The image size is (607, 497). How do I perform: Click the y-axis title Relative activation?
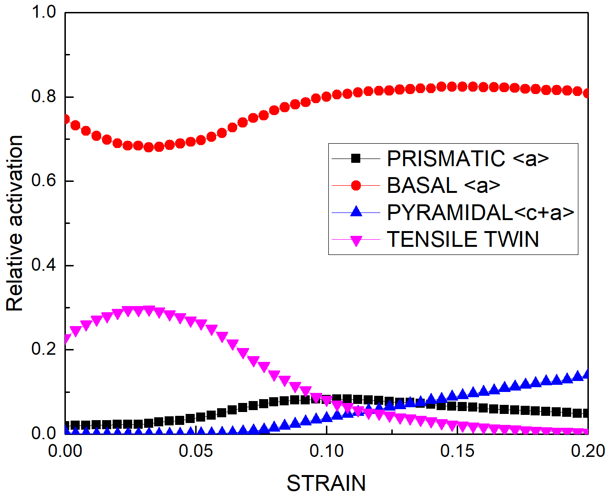(15, 223)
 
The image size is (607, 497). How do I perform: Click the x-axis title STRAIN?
(326, 483)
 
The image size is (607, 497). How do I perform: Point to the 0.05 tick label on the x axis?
(196, 451)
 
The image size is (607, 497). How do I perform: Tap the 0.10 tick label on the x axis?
(326, 451)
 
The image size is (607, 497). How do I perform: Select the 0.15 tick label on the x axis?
(457, 451)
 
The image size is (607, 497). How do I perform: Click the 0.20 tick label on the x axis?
(587, 451)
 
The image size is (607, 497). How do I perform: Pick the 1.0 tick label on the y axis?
(44, 12)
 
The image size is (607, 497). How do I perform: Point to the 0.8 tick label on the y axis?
(44, 97)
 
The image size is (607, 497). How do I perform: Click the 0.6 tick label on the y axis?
(44, 181)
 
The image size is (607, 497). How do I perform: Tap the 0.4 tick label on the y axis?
(44, 265)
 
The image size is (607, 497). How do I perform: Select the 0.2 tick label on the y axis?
(44, 349)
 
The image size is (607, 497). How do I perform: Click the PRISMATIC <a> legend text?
(468, 159)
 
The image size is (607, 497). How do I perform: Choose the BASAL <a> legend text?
(443, 185)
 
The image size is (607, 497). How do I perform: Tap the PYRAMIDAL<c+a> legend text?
(480, 212)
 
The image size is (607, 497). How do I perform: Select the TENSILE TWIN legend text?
(462, 239)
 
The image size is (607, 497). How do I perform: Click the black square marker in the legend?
(356, 159)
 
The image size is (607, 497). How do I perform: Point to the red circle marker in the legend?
(356, 185)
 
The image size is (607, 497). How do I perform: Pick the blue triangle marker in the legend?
(356, 211)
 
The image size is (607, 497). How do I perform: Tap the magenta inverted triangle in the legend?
(356, 240)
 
